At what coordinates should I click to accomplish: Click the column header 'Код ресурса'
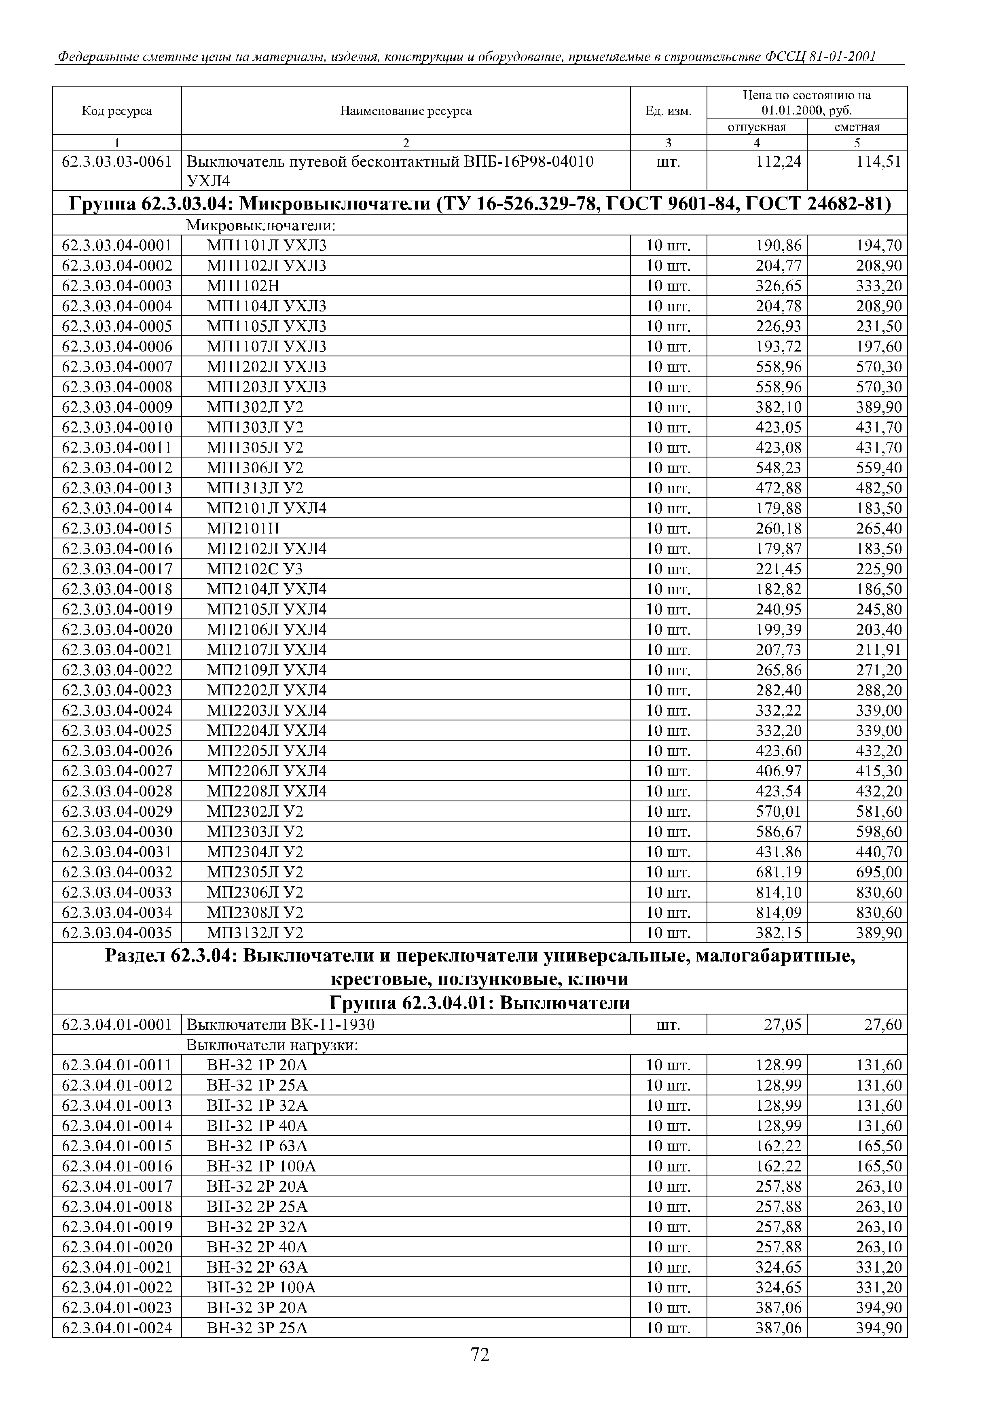(117, 111)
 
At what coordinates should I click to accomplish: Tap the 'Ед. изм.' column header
(668, 111)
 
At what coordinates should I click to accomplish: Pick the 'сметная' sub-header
(857, 127)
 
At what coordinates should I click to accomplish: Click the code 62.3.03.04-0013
(117, 488)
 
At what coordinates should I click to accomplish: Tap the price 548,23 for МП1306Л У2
(779, 468)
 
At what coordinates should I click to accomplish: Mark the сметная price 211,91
(879, 650)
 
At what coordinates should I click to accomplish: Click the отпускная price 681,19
(779, 873)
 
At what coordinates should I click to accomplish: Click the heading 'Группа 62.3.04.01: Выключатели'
(480, 1003)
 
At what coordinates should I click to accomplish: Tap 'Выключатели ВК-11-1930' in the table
(281, 1025)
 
